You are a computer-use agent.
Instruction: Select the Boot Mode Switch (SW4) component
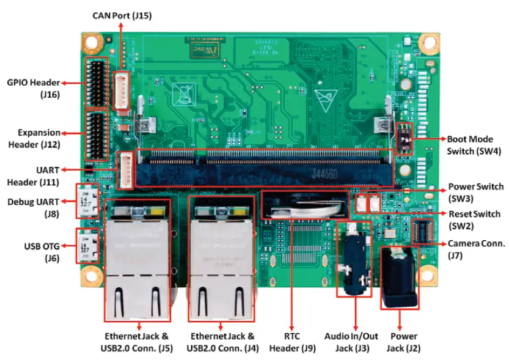pyautogui.click(x=403, y=139)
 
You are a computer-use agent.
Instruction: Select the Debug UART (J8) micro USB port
pyautogui.click(x=85, y=200)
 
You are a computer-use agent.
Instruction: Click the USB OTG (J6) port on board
pyautogui.click(x=85, y=245)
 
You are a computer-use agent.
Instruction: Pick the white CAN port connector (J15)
pyautogui.click(x=125, y=90)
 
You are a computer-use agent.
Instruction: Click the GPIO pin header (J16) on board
pyautogui.click(x=97, y=82)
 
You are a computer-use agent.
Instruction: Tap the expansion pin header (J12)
pyautogui.click(x=97, y=133)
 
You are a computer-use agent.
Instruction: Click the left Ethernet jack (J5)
pyautogui.click(x=137, y=260)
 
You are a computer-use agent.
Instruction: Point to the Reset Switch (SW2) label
pyautogui.click(x=474, y=220)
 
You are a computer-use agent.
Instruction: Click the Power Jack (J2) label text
pyautogui.click(x=403, y=342)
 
